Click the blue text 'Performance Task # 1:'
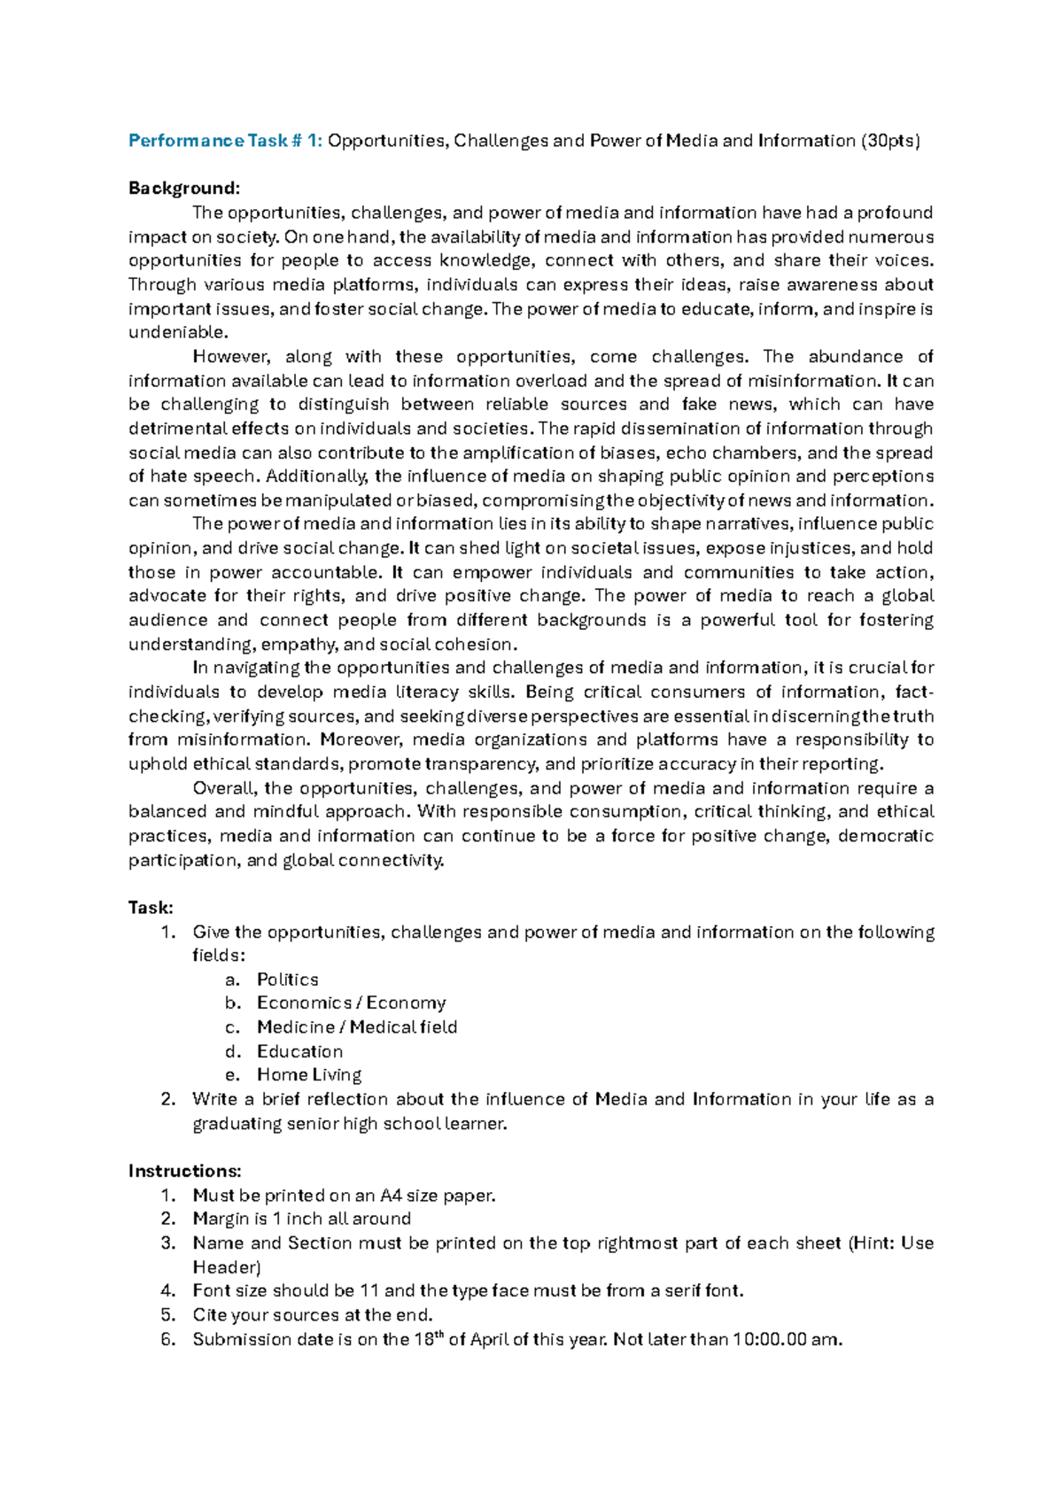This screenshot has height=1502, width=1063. [x=226, y=141]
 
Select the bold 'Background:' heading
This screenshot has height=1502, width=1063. [x=184, y=189]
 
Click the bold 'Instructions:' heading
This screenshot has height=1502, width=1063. [x=184, y=1171]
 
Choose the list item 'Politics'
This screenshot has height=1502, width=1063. [x=287, y=979]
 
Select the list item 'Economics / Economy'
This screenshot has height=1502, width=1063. [x=351, y=1003]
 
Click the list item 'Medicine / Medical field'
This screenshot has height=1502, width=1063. [x=357, y=1027]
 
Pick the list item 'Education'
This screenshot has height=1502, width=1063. [x=299, y=1051]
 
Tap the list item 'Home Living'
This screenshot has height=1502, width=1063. [x=309, y=1075]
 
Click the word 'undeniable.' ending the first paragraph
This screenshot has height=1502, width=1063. [x=178, y=333]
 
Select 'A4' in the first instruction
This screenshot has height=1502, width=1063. [x=391, y=1196]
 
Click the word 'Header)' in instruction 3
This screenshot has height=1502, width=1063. [x=227, y=1267]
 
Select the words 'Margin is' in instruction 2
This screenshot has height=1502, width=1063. [x=229, y=1219]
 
